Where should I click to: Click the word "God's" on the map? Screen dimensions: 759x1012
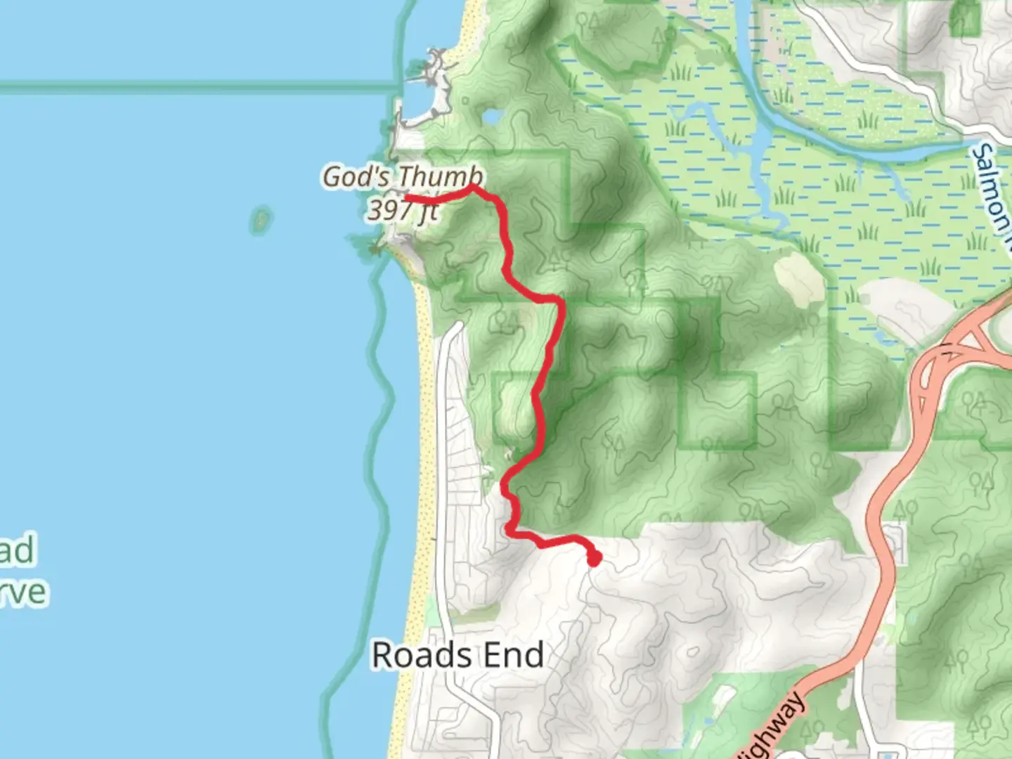[x=356, y=176]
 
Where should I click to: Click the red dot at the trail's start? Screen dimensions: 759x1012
[x=594, y=559]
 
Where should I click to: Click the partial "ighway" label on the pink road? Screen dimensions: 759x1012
[x=773, y=727]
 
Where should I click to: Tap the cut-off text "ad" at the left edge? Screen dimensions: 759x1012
[x=17, y=550]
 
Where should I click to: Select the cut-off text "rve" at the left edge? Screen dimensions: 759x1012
[x=24, y=592]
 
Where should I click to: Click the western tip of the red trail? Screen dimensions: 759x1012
[x=408, y=198]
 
